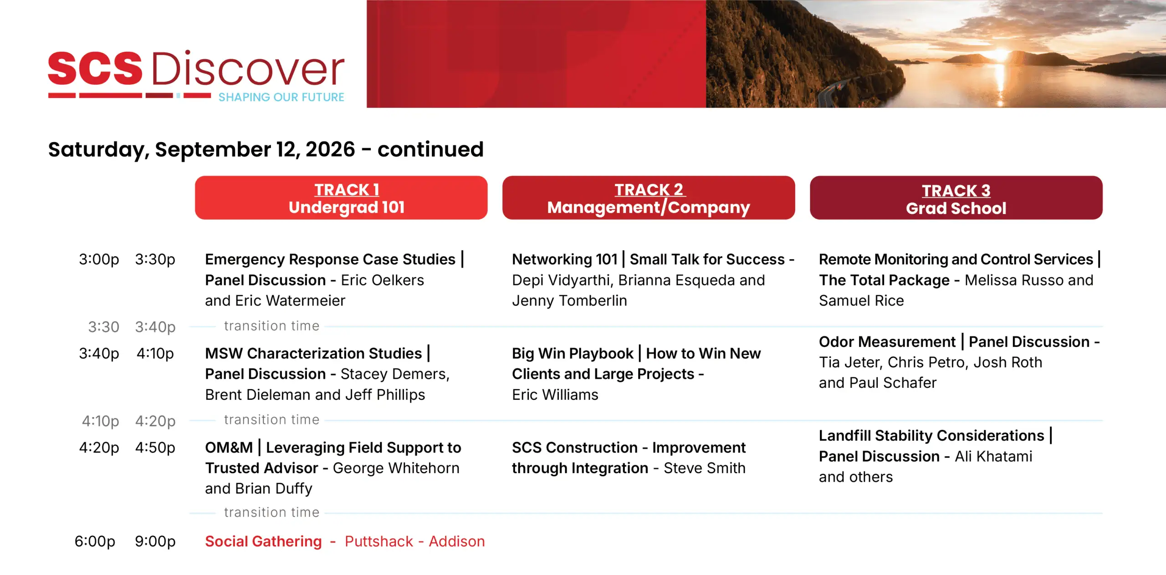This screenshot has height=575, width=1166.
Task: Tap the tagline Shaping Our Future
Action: click(x=281, y=97)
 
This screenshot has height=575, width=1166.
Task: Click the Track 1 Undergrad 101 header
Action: click(x=341, y=198)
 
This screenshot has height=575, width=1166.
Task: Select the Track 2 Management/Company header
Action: click(x=649, y=198)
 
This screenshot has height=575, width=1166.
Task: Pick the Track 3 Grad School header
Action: click(x=956, y=198)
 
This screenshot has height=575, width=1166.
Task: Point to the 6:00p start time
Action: click(x=95, y=541)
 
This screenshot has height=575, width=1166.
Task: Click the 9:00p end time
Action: click(x=155, y=541)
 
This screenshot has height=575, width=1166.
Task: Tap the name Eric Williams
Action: click(x=555, y=395)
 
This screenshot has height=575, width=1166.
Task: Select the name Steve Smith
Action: click(x=705, y=468)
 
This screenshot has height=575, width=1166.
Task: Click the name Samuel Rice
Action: click(x=861, y=300)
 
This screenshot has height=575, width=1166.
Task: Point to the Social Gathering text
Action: click(x=263, y=541)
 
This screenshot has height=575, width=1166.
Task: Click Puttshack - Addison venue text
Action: click(x=414, y=541)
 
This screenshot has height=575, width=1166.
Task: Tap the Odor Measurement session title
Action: click(x=887, y=341)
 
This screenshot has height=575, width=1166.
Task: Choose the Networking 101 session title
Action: click(x=565, y=259)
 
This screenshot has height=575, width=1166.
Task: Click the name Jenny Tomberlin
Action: click(x=569, y=300)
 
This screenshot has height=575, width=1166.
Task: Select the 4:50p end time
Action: click(x=155, y=448)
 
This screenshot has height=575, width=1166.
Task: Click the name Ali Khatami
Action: click(x=993, y=456)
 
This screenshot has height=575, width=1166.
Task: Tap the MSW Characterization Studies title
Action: click(x=313, y=353)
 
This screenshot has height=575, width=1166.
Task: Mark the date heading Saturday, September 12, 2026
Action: click(x=201, y=149)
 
